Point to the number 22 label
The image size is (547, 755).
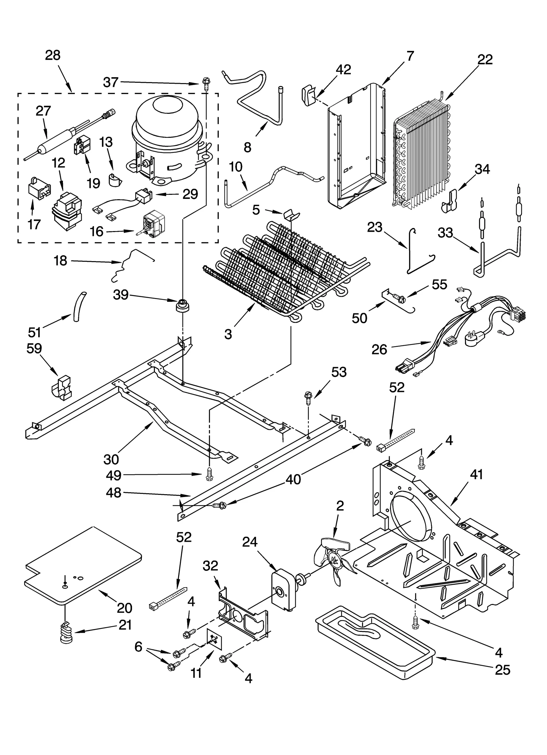click(x=485, y=60)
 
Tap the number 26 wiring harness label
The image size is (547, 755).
click(x=379, y=349)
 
